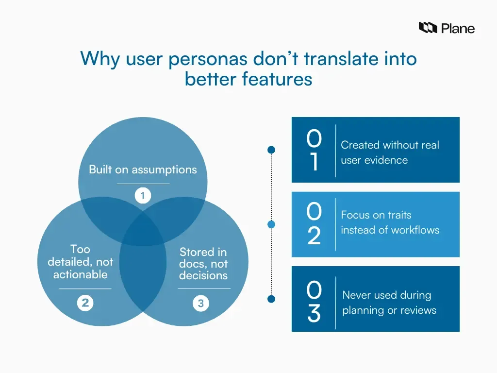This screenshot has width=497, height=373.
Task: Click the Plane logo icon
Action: pyautogui.click(x=428, y=28)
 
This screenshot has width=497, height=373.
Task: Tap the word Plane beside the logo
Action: pyautogui.click(x=458, y=28)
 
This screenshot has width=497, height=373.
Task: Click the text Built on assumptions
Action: pyautogui.click(x=143, y=170)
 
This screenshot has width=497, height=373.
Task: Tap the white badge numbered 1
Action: pyautogui.click(x=143, y=196)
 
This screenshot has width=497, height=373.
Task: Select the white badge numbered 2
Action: pyautogui.click(x=85, y=304)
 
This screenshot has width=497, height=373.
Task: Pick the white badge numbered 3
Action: pyautogui.click(x=200, y=304)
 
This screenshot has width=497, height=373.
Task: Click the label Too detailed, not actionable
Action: pyautogui.click(x=81, y=262)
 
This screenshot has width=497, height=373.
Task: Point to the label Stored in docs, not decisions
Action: pyautogui.click(x=203, y=264)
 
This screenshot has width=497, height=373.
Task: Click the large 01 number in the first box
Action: pyautogui.click(x=314, y=150)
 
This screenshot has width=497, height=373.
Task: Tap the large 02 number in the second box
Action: pyautogui.click(x=314, y=224)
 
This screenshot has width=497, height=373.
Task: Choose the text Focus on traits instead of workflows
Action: pyautogui.click(x=390, y=222)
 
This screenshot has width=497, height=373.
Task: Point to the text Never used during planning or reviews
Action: pyautogui.click(x=389, y=302)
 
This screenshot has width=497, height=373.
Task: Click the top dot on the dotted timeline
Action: pyautogui.click(x=272, y=150)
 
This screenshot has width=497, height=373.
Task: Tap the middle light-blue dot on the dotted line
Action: pyautogui.click(x=272, y=224)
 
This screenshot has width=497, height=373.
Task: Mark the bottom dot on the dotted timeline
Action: pyautogui.click(x=272, y=298)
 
